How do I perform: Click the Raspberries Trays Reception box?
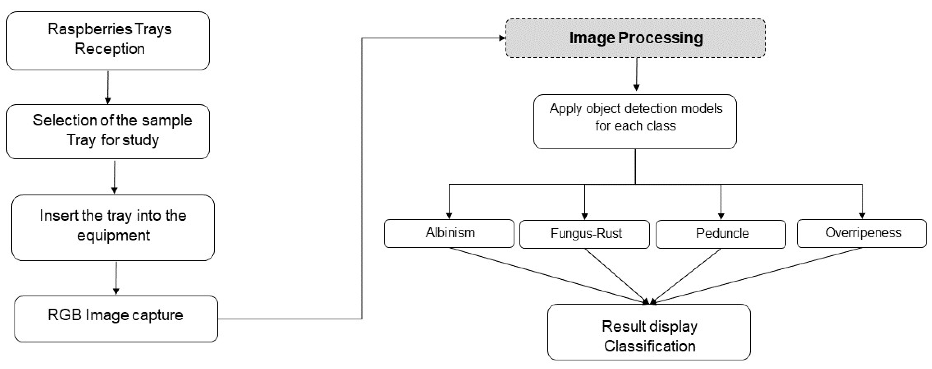tap(108, 40)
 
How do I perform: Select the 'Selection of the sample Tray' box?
tap(108, 131)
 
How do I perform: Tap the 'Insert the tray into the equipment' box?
tap(113, 227)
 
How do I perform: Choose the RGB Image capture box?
tap(116, 319)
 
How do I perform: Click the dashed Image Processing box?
tap(635, 38)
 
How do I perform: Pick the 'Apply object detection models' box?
tap(635, 122)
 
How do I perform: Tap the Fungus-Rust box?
tap(585, 234)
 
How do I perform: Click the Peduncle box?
tap(721, 234)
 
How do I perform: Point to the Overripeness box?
tap(862, 233)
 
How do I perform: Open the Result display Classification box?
tap(649, 332)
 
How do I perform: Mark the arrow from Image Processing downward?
tap(637, 74)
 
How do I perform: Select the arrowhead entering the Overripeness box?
tap(862, 215)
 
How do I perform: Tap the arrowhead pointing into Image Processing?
tap(502, 38)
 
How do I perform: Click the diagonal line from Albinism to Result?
tap(546, 275)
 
